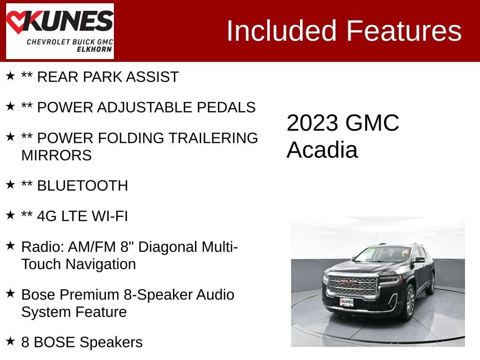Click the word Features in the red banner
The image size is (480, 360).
click(x=404, y=31)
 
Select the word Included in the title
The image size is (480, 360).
click(x=283, y=31)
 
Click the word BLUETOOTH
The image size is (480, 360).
click(x=82, y=186)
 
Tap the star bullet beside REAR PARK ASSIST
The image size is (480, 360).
click(x=10, y=76)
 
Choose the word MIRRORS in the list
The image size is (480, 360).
click(x=56, y=155)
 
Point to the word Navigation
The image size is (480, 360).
click(x=100, y=264)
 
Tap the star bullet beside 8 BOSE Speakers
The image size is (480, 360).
click(x=10, y=341)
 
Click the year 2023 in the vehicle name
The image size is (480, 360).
click(x=312, y=123)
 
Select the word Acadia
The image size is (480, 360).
click(x=322, y=150)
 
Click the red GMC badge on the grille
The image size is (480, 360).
click(x=349, y=283)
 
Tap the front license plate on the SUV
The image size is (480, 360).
click(x=346, y=301)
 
